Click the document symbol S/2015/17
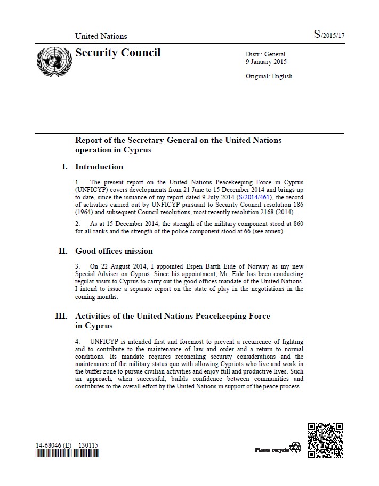click(329, 35)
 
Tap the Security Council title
click(118, 53)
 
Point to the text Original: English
click(269, 76)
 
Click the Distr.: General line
click(265, 54)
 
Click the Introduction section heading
click(99, 167)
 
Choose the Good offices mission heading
click(114, 251)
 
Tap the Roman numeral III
click(61, 316)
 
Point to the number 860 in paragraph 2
click(298, 223)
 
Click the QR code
click(325, 440)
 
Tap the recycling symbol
click(295, 449)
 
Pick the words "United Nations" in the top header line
click(101, 36)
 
